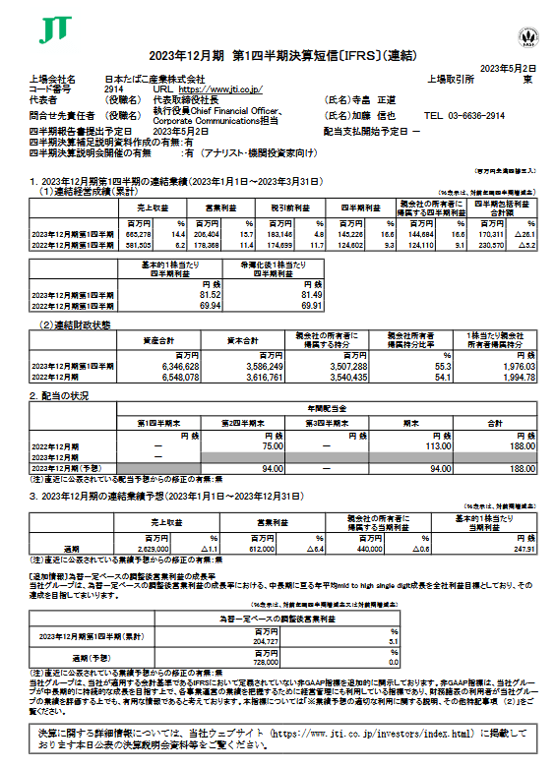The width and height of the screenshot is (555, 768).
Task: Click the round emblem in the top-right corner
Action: [x=524, y=39]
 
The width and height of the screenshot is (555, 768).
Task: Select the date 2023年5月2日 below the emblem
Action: [x=509, y=66]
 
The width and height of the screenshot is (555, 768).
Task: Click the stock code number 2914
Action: [x=115, y=88]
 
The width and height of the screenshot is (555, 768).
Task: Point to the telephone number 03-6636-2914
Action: [x=479, y=115]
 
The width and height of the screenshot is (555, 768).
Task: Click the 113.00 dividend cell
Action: [x=427, y=445]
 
